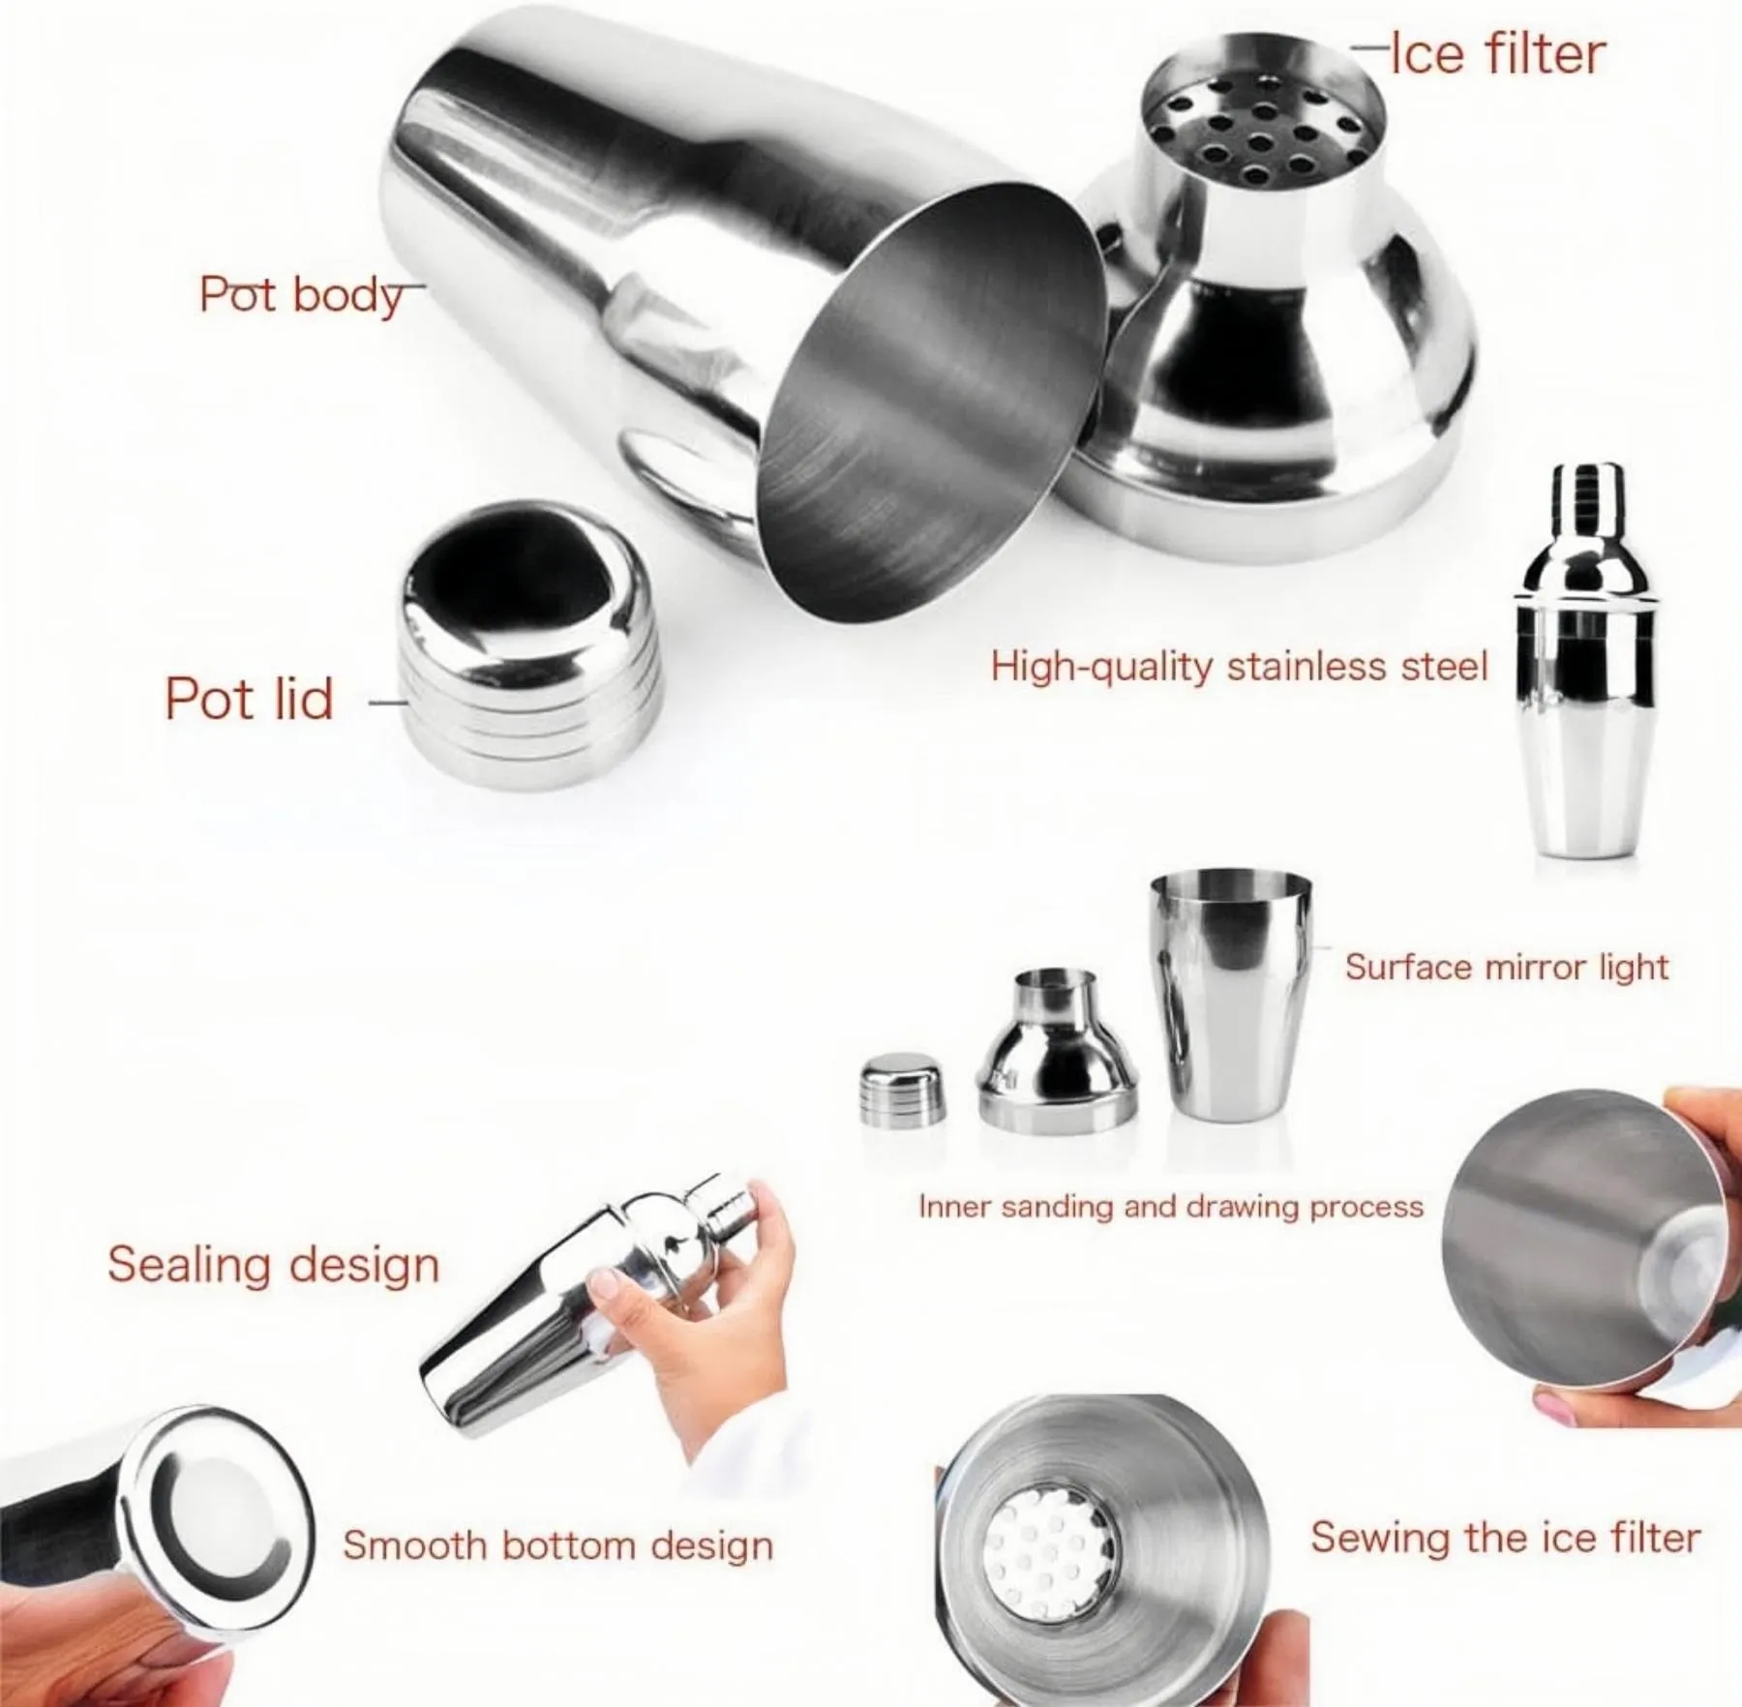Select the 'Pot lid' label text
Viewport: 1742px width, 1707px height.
click(249, 699)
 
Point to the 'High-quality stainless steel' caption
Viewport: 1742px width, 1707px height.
click(1239, 668)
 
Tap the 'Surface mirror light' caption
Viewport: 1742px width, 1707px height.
click(1507, 967)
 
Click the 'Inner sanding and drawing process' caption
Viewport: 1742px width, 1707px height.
click(1171, 1207)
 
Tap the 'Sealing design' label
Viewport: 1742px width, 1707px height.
click(273, 1265)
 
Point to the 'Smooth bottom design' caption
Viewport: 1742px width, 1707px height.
click(557, 1545)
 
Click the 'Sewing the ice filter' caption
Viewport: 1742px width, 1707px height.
click(1505, 1538)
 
